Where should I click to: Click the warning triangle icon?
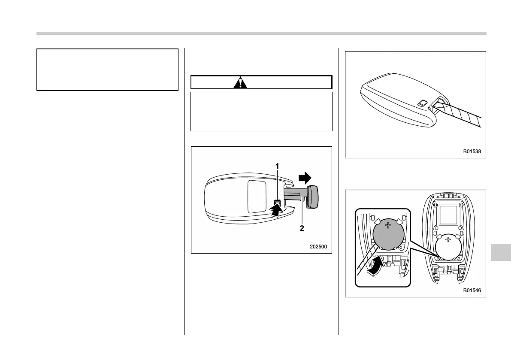pos(240,82)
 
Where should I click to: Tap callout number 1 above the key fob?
pos(277,166)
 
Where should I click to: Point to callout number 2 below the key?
pos(302,228)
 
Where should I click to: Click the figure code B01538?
pos(472,151)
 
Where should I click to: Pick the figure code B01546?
pos(472,290)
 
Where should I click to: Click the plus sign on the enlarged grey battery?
pos(389,226)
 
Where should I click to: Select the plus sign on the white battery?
pos(448,239)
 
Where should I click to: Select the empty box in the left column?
pos(107,70)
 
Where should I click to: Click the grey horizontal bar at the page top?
pos(261,33)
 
